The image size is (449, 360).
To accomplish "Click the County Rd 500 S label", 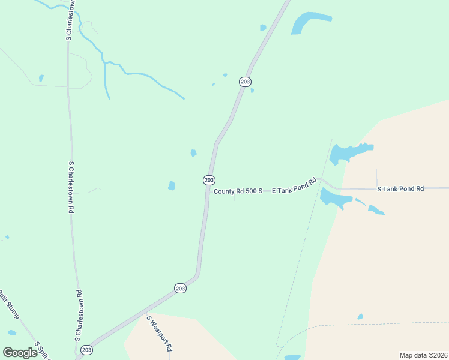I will [x=238, y=191].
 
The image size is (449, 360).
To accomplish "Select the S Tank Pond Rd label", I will [x=400, y=188].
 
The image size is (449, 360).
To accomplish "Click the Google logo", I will [x=20, y=352].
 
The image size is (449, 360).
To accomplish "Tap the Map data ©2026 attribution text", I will [x=423, y=355].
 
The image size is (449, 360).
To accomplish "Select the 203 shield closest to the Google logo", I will [x=87, y=349].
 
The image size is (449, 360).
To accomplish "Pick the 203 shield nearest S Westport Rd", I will [x=181, y=289].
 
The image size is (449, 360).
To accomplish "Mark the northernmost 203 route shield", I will [x=245, y=82].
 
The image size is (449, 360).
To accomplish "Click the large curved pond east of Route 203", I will [x=307, y=23].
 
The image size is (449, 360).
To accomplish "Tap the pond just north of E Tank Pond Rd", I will [x=348, y=152].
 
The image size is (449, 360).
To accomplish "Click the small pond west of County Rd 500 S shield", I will [x=172, y=185].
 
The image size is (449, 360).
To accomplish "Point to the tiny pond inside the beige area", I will [x=360, y=317].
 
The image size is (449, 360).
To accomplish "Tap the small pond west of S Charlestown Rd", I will [x=41, y=78].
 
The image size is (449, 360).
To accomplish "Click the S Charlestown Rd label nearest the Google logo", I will [x=79, y=315].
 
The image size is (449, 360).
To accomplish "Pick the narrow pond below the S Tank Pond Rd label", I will [x=376, y=209].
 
